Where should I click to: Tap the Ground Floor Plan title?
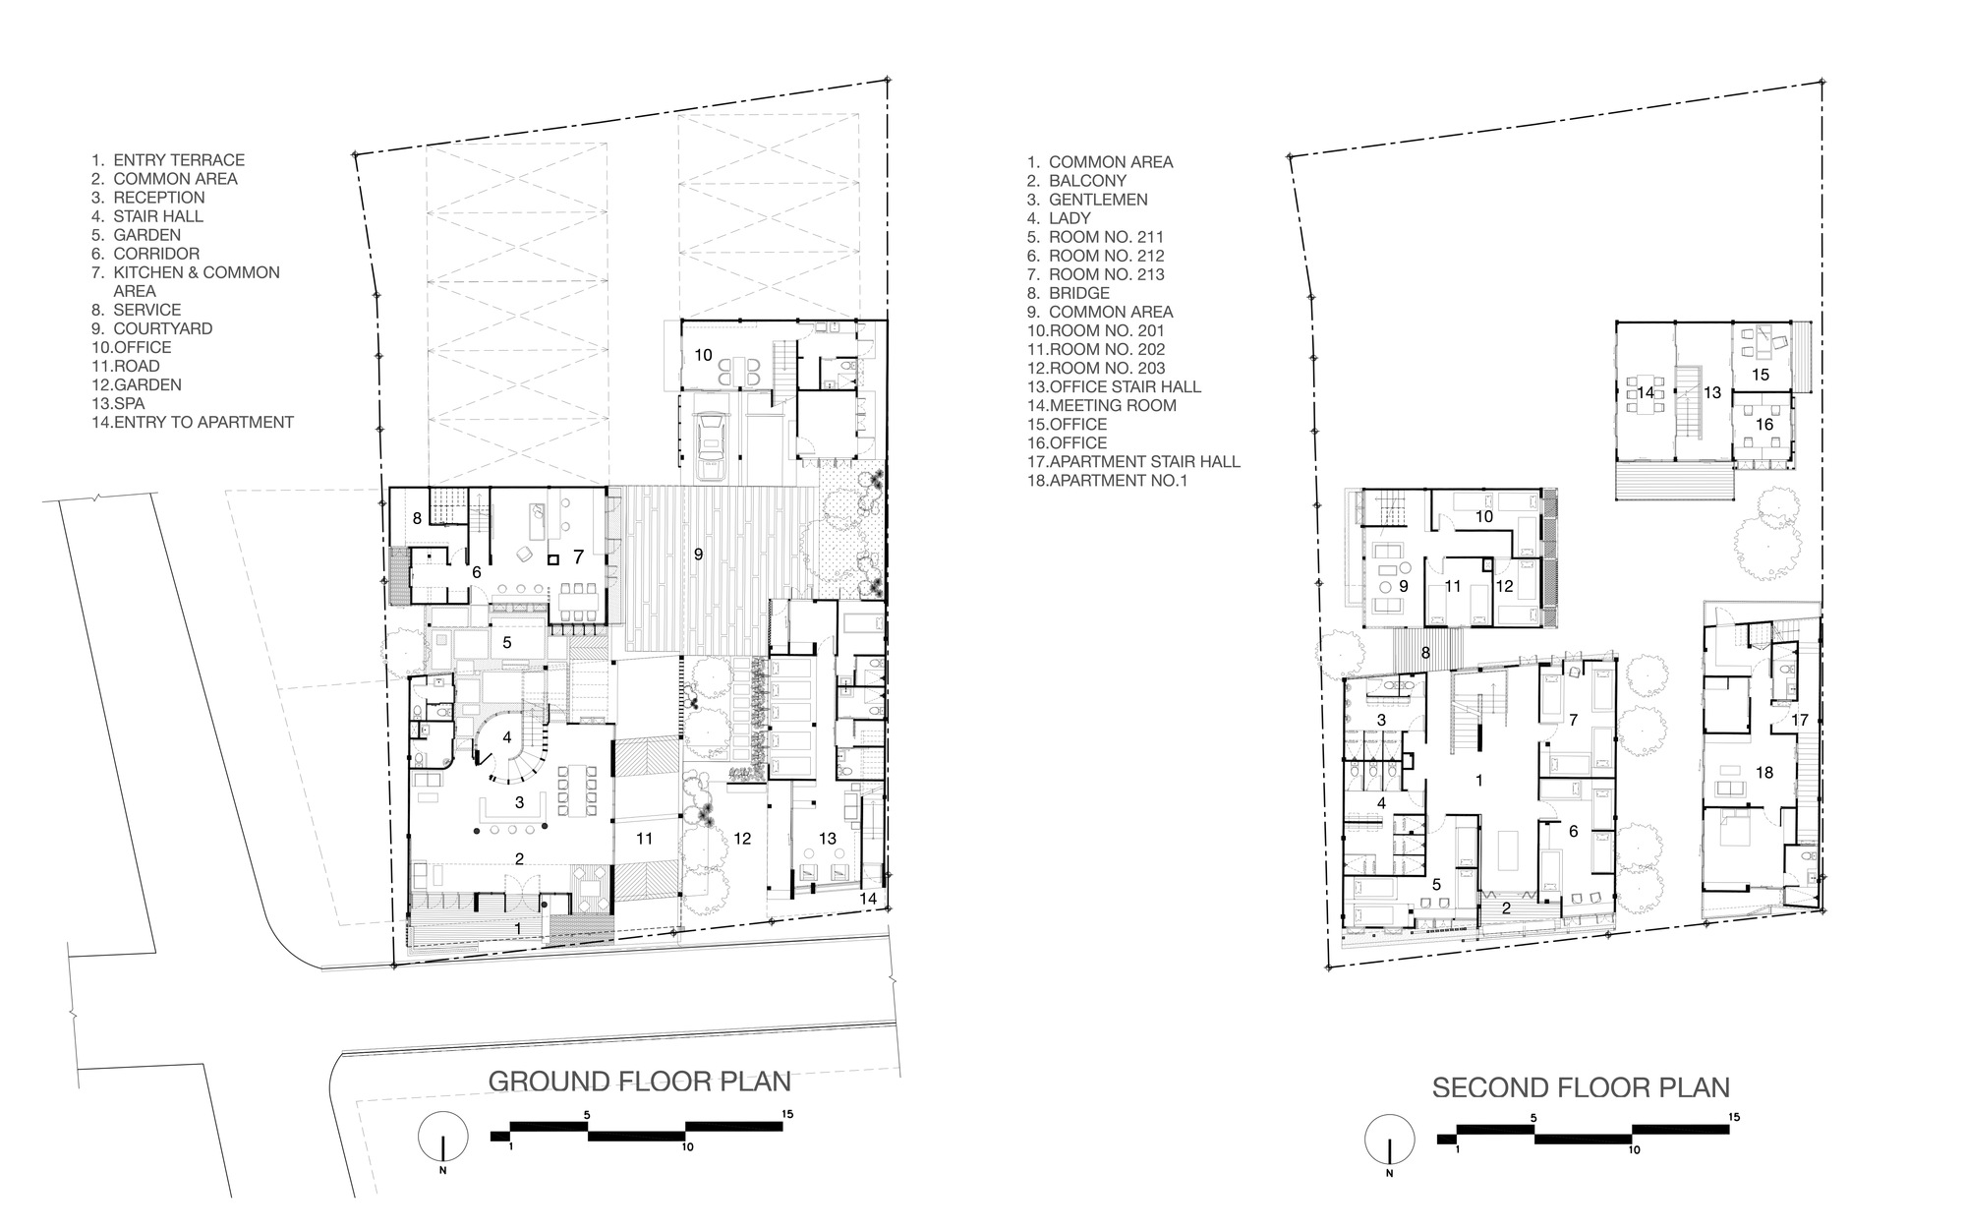pyautogui.click(x=639, y=1081)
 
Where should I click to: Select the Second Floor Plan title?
pyautogui.click(x=1581, y=1087)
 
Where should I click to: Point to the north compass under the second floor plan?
pyautogui.click(x=1388, y=1138)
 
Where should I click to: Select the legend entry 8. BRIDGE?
pyautogui.click(x=1069, y=293)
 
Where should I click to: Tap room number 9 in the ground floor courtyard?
pyautogui.click(x=698, y=555)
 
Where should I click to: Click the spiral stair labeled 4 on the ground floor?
pyautogui.click(x=507, y=736)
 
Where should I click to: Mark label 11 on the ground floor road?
pyautogui.click(x=644, y=838)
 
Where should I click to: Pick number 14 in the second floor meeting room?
pyautogui.click(x=1646, y=392)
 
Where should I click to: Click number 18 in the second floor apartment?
pyautogui.click(x=1764, y=772)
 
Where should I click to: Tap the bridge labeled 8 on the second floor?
pyautogui.click(x=1425, y=652)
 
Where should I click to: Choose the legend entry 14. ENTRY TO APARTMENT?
pyautogui.click(x=193, y=422)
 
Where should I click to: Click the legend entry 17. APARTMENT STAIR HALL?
pyautogui.click(x=1134, y=461)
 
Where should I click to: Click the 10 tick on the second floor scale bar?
pyautogui.click(x=1633, y=1148)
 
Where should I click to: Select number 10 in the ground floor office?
pyautogui.click(x=704, y=354)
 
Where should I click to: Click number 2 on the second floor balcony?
pyautogui.click(x=1506, y=907)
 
